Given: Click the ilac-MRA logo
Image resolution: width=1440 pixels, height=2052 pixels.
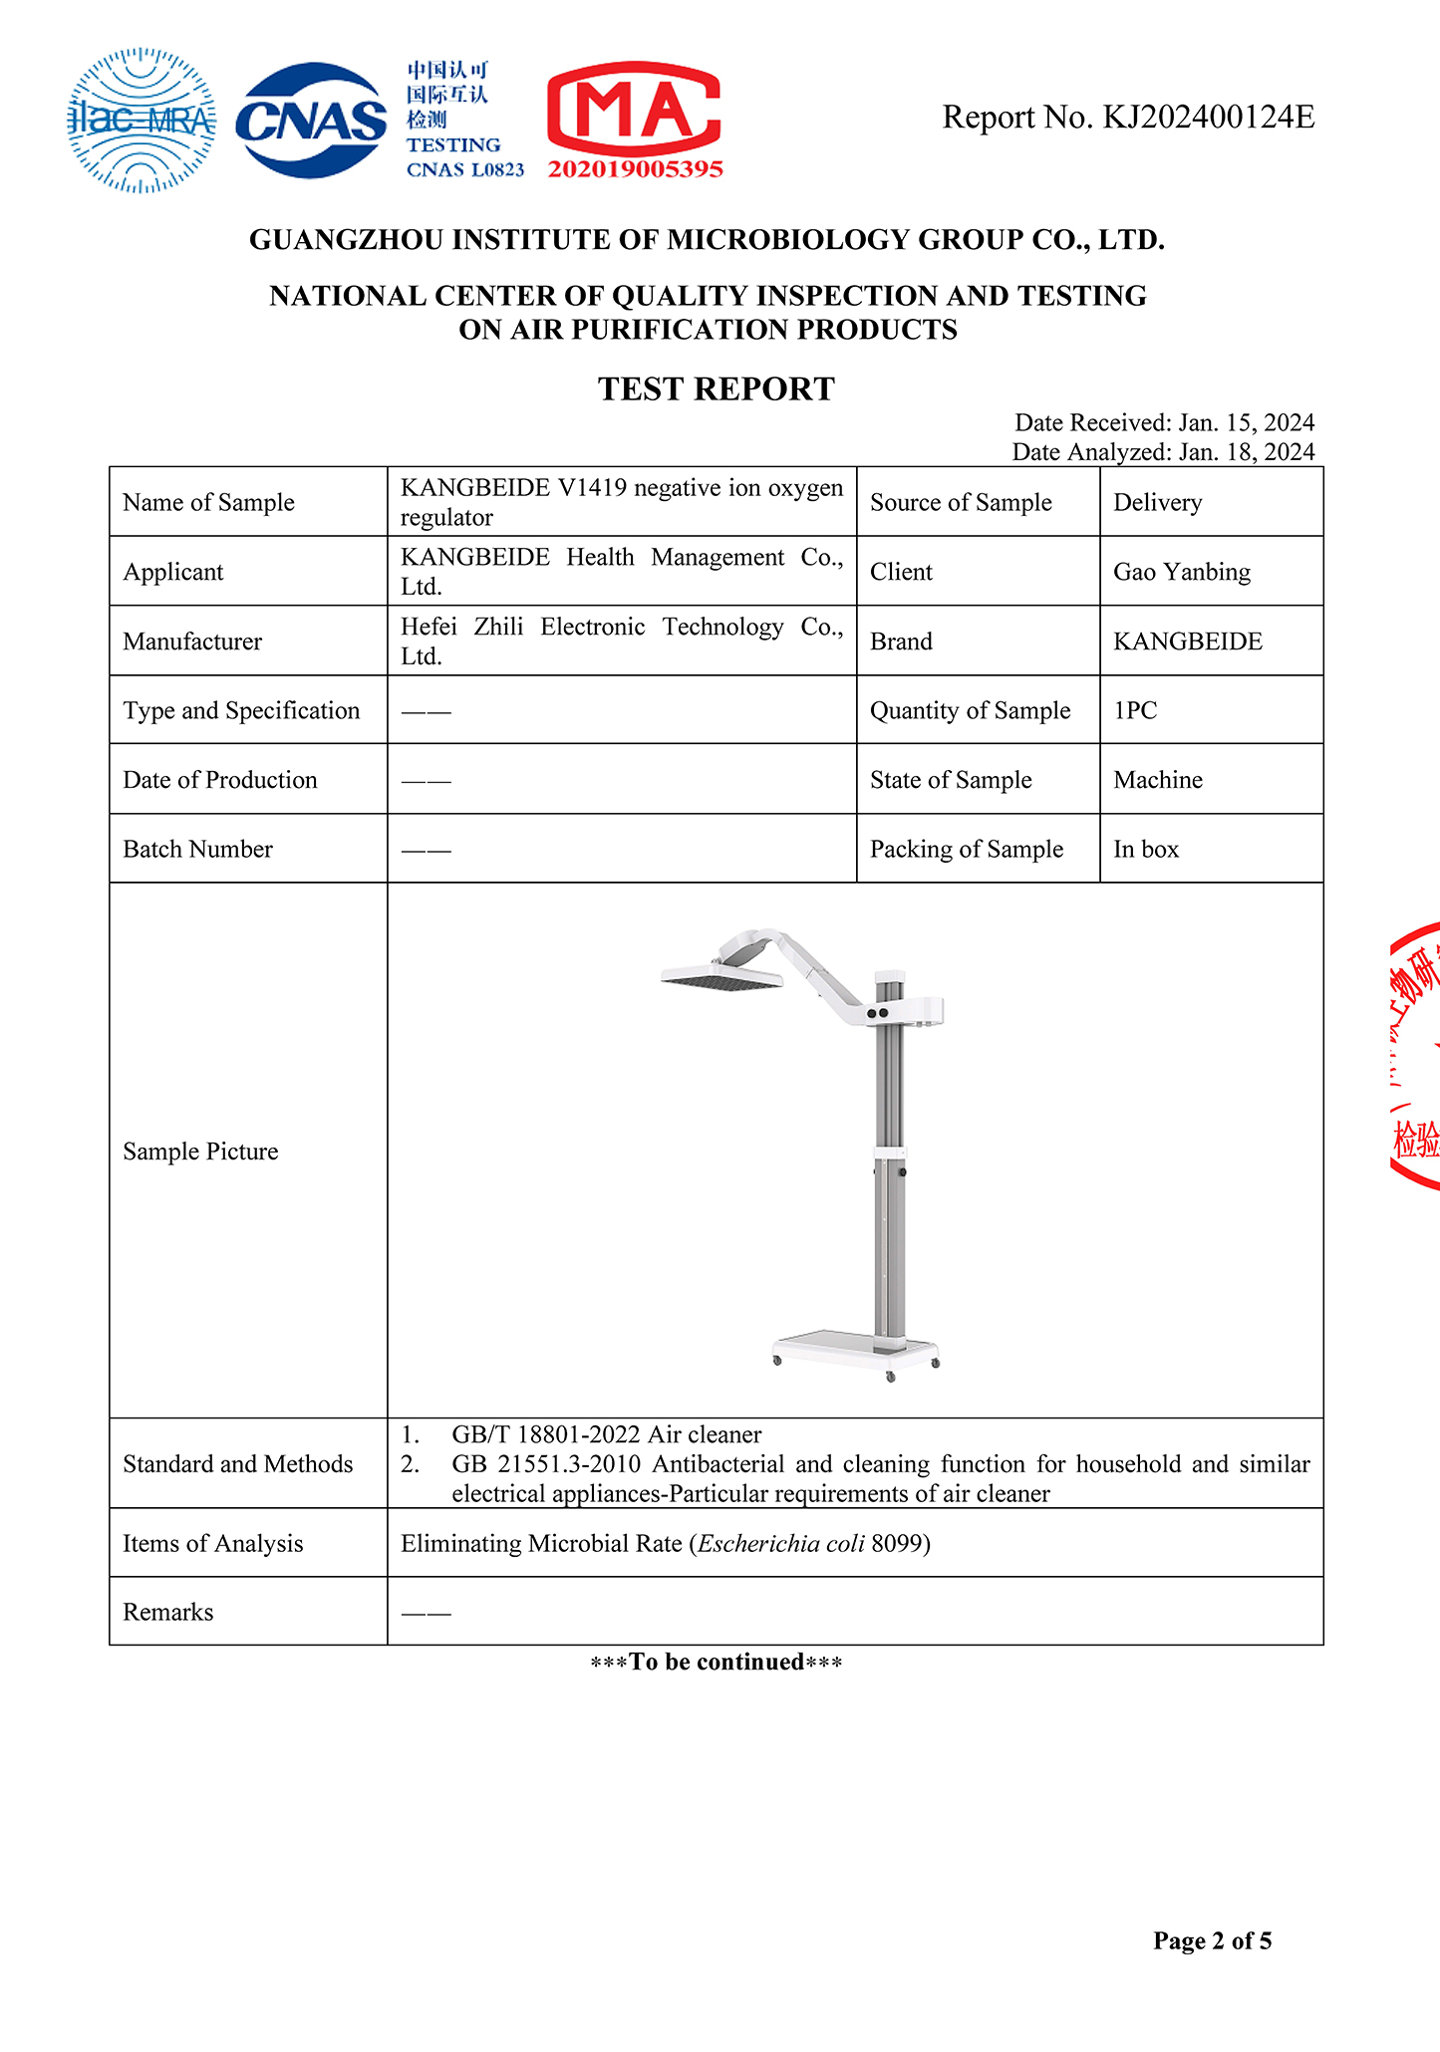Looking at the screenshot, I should (x=142, y=121).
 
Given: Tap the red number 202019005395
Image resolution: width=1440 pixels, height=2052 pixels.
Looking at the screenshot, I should (x=635, y=169).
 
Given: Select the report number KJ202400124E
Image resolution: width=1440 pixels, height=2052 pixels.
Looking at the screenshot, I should (x=1208, y=118).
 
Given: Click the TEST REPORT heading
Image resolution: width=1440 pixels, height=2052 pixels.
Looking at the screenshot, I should (x=716, y=388).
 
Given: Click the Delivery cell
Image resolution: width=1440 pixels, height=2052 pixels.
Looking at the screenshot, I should (x=1157, y=502).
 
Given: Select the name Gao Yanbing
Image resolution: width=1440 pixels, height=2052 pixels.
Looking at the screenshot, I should (x=1181, y=572).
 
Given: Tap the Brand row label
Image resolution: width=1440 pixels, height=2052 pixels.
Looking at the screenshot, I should (x=901, y=641).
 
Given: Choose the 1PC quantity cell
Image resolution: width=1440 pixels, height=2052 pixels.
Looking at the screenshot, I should (x=1135, y=710).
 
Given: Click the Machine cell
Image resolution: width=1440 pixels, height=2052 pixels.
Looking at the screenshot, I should (x=1158, y=779).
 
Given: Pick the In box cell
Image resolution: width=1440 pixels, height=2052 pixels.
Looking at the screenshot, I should (x=1146, y=849).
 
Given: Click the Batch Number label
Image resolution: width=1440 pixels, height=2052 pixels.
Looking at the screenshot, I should (x=197, y=849).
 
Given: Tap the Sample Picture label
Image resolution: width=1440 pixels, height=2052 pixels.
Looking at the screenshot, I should (x=200, y=1152).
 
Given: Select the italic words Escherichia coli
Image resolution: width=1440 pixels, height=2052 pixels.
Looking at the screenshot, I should (x=780, y=1543).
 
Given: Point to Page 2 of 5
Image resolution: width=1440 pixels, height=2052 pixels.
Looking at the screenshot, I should (x=1212, y=1940).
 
